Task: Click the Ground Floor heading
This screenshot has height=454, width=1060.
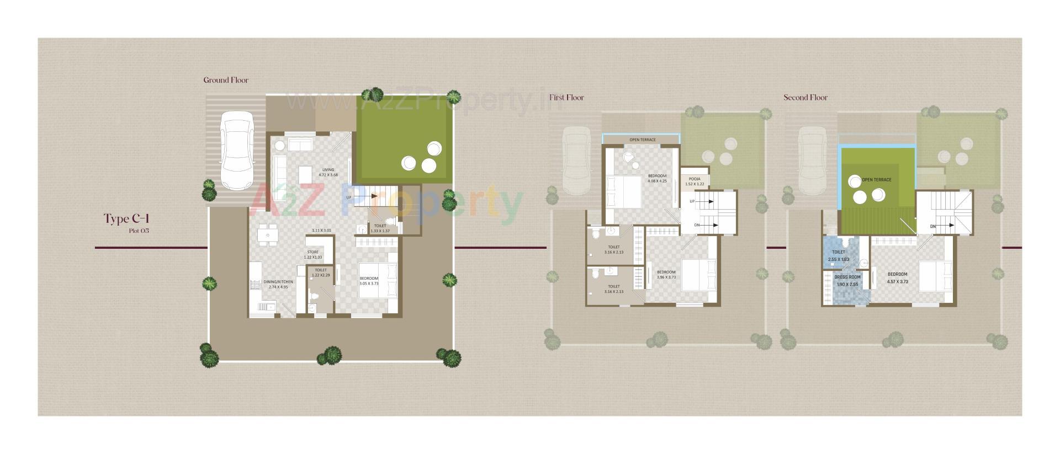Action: [x=226, y=80]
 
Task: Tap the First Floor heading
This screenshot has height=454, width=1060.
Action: [x=566, y=98]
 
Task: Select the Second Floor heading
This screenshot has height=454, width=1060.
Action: [x=805, y=98]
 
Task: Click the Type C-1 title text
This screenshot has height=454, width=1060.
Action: [x=126, y=219]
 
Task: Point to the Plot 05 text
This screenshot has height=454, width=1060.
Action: [x=139, y=231]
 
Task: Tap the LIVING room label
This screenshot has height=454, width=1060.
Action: [x=328, y=170]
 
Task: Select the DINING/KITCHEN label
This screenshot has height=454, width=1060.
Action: [x=278, y=281]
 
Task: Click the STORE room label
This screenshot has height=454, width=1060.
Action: [x=312, y=252]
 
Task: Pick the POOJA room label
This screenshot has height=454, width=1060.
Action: [x=695, y=179]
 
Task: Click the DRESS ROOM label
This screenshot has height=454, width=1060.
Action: [x=847, y=277]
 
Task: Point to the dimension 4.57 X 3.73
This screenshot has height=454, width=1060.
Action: [x=897, y=281]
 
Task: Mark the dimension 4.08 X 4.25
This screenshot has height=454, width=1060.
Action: [x=657, y=181]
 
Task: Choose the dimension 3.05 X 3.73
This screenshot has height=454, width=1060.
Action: [x=369, y=284]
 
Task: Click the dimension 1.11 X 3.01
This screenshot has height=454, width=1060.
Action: [x=321, y=231]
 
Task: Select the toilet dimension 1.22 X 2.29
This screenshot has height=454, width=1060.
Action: [x=320, y=275]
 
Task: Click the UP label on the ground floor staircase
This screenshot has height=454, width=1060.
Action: [x=349, y=197]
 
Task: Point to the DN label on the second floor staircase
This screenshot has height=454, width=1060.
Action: [x=932, y=226]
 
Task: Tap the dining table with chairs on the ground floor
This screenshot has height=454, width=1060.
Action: [x=268, y=235]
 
